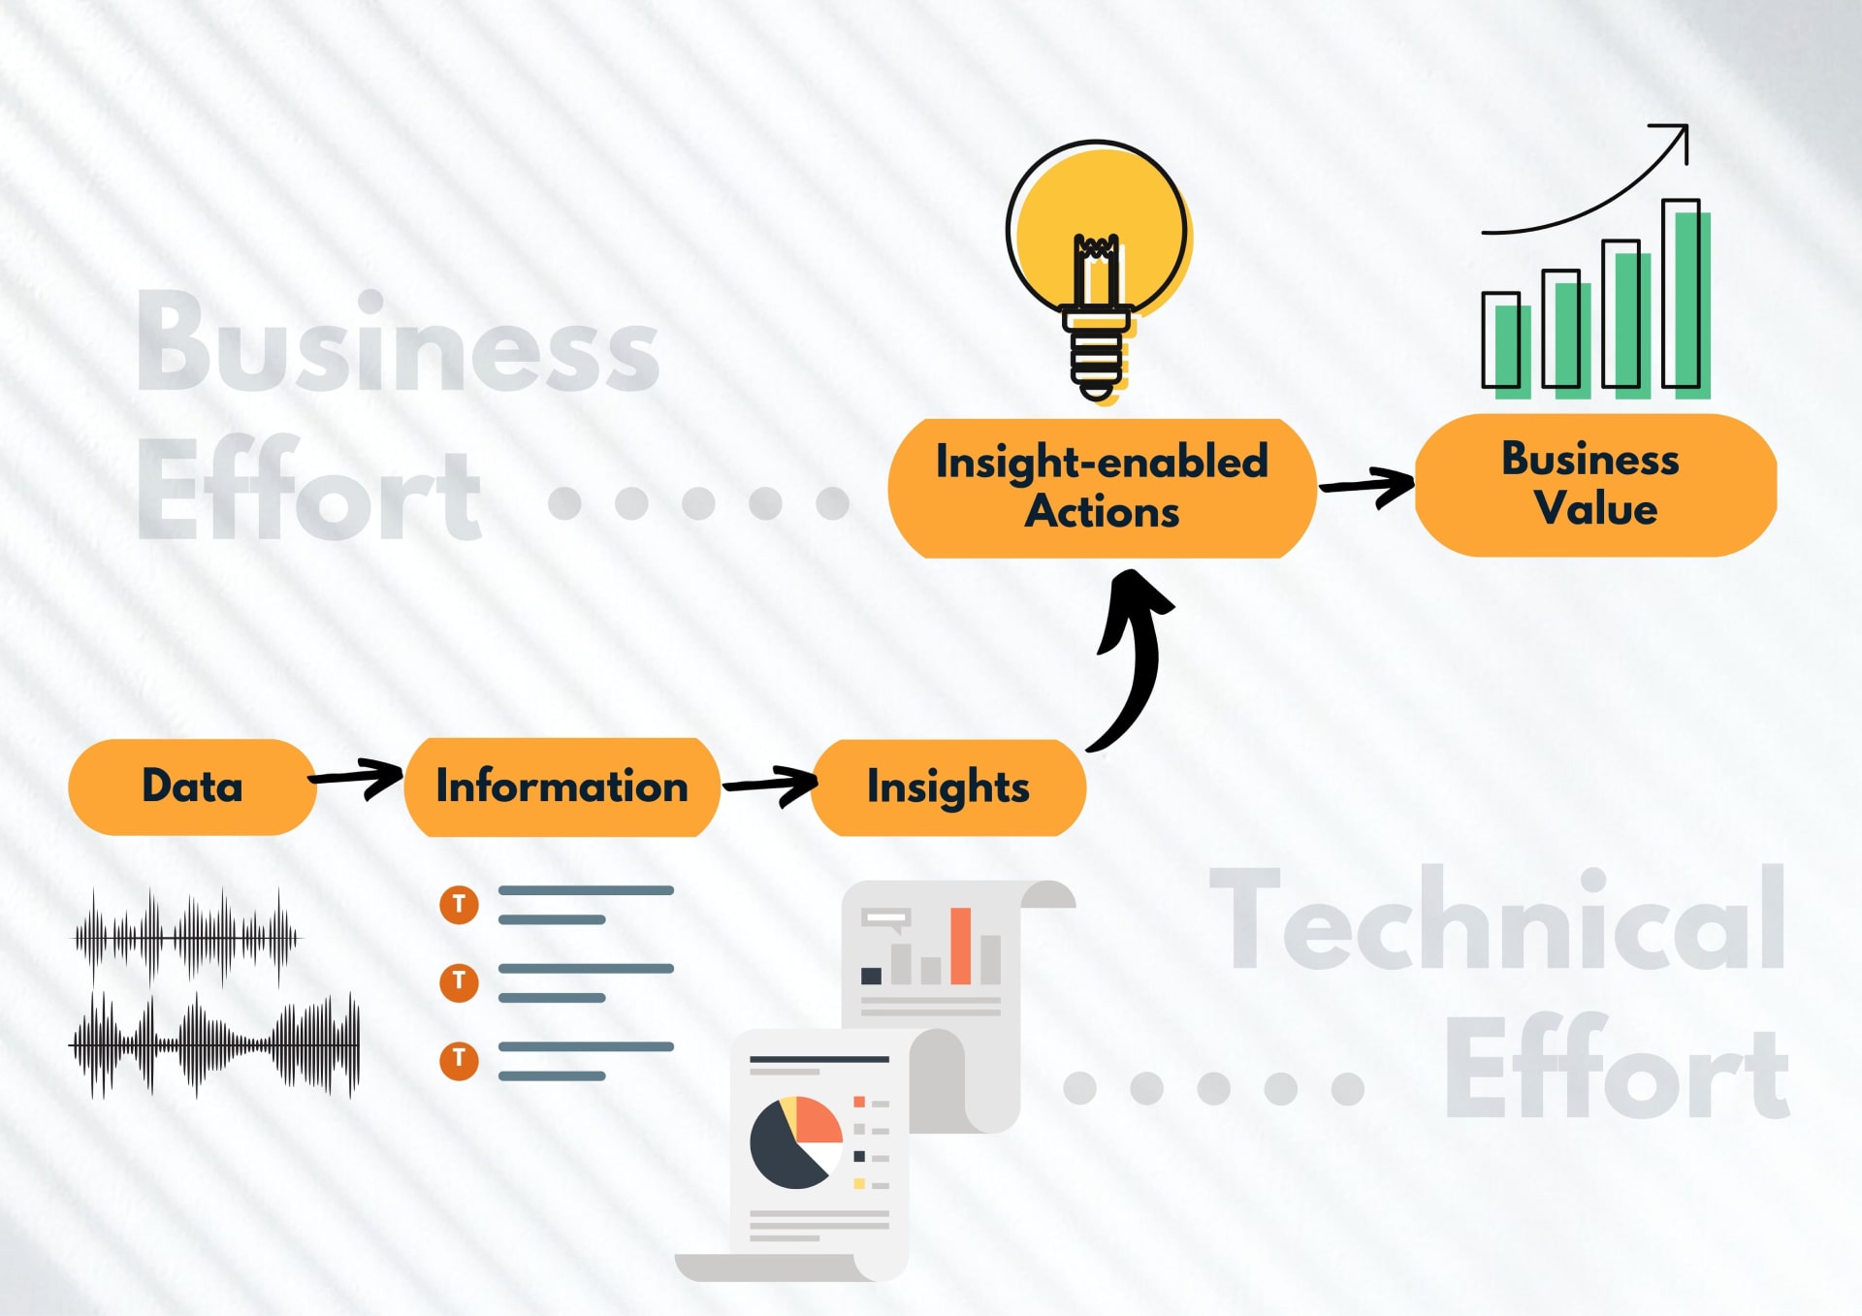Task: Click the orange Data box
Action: pyautogui.click(x=192, y=786)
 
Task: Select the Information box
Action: pyautogui.click(x=562, y=786)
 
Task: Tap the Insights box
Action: pyautogui.click(x=948, y=787)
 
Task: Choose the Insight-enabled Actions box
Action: pyautogui.click(x=1103, y=488)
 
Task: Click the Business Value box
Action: pyautogui.click(x=1595, y=484)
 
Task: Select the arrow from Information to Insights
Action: pyautogui.click(x=771, y=785)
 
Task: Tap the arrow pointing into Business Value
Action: pyautogui.click(x=1367, y=486)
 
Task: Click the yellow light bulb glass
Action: pyautogui.click(x=1097, y=229)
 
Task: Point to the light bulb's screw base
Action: pyautogui.click(x=1097, y=355)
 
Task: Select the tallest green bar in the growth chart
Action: pyautogui.click(x=1690, y=305)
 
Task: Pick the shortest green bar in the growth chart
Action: pyautogui.click(x=1512, y=351)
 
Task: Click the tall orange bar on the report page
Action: pyautogui.click(x=960, y=946)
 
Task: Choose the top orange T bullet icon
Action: pyautogui.click(x=459, y=905)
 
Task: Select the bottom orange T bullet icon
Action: pyautogui.click(x=459, y=1060)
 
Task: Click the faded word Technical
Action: pyautogui.click(x=1497, y=919)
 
